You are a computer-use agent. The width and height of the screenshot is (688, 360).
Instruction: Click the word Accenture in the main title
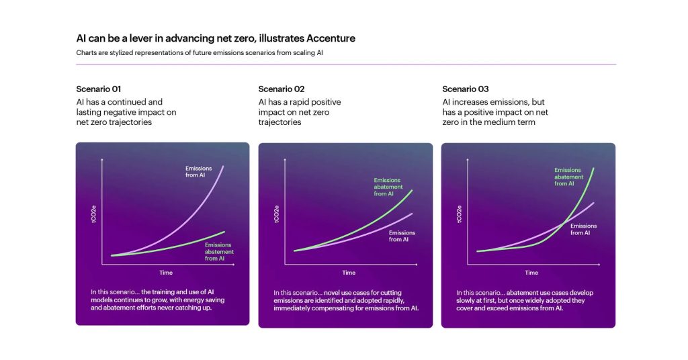coord(325,38)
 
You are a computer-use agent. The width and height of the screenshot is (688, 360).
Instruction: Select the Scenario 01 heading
coord(98,89)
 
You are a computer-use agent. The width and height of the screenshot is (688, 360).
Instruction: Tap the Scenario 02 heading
coord(282,89)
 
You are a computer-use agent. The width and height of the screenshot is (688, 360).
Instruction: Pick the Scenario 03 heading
coord(466,89)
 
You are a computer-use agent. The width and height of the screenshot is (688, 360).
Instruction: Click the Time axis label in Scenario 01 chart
coord(166,273)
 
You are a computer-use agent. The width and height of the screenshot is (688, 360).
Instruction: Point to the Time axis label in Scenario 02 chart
coord(349,273)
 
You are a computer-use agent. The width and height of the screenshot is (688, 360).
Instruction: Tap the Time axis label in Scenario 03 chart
coord(531,273)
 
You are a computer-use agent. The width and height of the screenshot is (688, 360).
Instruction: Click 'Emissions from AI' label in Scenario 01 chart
coord(199,171)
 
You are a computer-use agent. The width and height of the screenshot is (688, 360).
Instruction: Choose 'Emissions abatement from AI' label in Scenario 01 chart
coord(218,252)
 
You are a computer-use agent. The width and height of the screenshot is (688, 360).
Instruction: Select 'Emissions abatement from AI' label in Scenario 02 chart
coord(388,187)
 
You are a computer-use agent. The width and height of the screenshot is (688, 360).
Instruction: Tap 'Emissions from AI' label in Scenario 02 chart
coord(402,236)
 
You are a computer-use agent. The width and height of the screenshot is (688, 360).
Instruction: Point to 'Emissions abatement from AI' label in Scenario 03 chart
coord(568,177)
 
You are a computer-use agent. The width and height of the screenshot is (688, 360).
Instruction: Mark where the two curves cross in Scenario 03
coord(562,224)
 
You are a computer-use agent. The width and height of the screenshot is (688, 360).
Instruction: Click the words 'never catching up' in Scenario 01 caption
coord(187,307)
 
